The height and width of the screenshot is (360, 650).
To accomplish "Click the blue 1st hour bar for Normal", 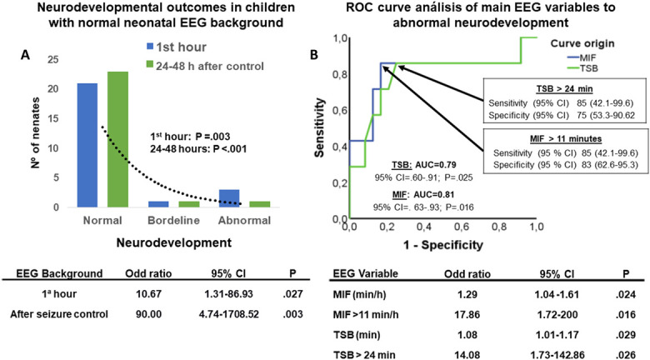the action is tap(87, 145).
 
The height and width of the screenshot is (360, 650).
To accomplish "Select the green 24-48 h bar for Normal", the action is tap(117, 139).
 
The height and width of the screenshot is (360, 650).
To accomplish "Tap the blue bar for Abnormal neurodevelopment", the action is tap(229, 198).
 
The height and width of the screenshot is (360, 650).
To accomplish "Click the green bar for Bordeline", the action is tap(189, 204).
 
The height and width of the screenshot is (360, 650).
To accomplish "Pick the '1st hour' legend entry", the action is tap(177, 47).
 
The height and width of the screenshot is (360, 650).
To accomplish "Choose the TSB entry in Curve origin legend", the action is tap(582, 68).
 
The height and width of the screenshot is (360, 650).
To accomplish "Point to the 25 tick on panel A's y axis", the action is tap(53, 60).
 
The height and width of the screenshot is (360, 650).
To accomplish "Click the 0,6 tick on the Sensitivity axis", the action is tap(341, 111).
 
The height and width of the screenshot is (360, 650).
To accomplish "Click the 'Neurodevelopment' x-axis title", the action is tap(173, 242).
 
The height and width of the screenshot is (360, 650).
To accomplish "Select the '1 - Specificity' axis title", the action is tap(443, 245).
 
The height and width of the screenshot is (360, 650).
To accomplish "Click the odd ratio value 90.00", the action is tap(148, 314).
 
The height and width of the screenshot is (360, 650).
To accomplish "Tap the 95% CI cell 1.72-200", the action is tap(557, 315).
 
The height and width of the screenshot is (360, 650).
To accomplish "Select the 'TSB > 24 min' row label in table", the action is tap(364, 355).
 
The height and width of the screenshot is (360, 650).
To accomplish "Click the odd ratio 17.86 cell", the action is tap(467, 315).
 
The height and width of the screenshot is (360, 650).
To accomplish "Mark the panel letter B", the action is tap(314, 54).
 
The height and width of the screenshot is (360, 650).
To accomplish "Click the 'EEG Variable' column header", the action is tap(366, 273).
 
